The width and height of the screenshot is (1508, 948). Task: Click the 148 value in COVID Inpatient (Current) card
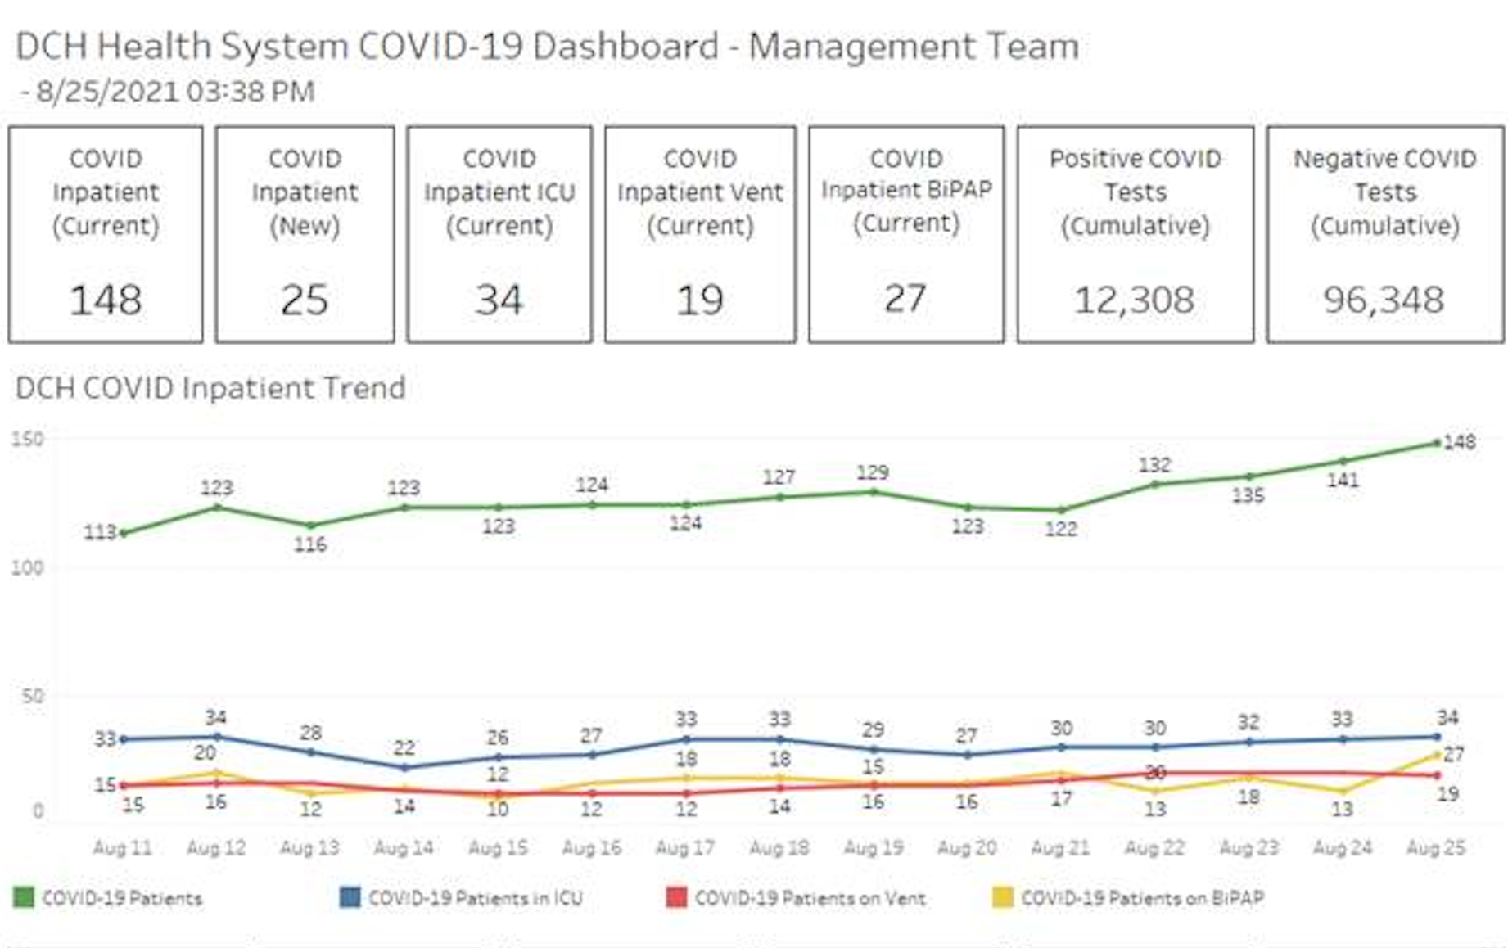[x=106, y=300]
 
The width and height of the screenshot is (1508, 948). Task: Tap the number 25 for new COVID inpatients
[x=305, y=300]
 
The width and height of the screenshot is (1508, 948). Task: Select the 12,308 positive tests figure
[x=1135, y=300]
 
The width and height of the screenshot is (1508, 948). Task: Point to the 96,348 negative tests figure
[x=1384, y=300]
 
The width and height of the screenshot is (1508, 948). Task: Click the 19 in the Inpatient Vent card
[x=700, y=300]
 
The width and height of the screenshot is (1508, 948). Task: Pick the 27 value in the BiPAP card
[x=905, y=298]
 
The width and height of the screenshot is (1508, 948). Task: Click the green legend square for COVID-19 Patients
[x=24, y=898]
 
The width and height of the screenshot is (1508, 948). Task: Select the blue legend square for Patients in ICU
[x=350, y=898]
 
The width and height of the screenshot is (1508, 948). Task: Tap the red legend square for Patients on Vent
[x=676, y=898]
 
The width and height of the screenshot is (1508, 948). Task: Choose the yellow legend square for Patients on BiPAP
[x=1002, y=898]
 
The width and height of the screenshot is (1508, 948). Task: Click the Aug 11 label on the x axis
[x=123, y=848]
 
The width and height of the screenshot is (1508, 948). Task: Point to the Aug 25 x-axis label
[x=1436, y=848]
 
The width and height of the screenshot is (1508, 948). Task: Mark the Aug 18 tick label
[x=779, y=848]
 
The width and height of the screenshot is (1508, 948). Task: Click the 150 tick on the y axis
[x=27, y=440]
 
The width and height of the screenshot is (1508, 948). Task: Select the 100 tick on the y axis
[x=27, y=567]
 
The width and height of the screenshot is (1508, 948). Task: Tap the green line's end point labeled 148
[x=1437, y=443]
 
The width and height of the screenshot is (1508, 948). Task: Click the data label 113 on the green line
[x=100, y=533]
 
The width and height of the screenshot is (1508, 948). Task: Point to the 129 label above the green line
[x=873, y=472]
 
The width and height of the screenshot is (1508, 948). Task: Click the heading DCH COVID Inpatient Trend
[x=210, y=388]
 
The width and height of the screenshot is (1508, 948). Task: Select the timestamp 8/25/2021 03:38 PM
[x=174, y=92]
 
